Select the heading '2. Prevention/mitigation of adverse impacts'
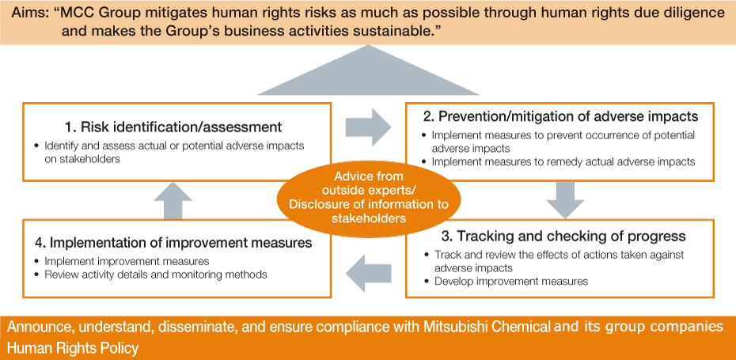(x=560, y=116)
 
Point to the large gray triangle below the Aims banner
(x=369, y=75)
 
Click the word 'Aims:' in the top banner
(x=25, y=14)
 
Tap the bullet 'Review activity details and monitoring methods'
(x=155, y=275)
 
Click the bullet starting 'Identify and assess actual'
(x=174, y=146)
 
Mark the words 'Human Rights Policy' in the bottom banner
(x=74, y=348)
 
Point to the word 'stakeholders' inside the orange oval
(x=369, y=218)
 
